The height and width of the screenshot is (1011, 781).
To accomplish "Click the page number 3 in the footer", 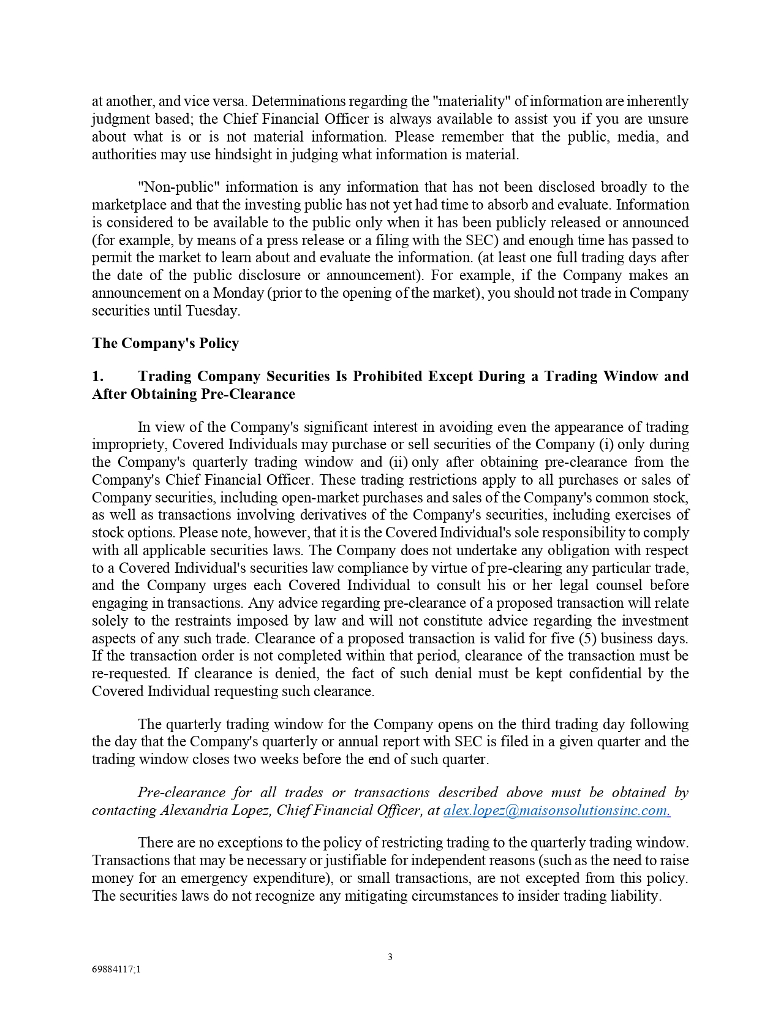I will coord(390,957).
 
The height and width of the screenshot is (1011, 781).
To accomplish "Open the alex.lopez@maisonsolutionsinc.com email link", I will coord(556,810).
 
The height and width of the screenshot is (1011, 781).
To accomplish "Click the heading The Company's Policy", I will coord(165,343).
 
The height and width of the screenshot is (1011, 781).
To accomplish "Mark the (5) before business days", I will coord(587,638).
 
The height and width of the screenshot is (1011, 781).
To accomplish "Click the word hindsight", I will coord(243,154).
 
